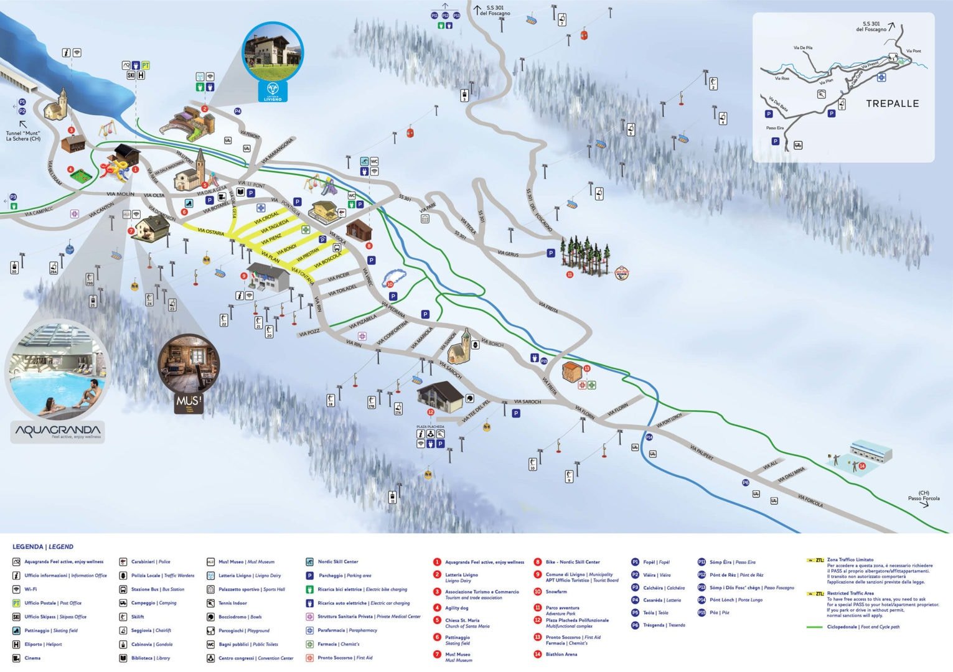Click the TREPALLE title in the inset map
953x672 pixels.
click(892, 104)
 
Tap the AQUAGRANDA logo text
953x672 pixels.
click(57, 430)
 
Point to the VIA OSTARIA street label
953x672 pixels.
click(210, 231)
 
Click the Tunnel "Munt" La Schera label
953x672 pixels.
click(23, 136)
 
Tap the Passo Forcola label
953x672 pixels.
click(923, 496)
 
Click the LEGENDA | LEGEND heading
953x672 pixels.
click(43, 547)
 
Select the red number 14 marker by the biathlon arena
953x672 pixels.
click(862, 465)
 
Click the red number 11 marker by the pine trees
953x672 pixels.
click(570, 274)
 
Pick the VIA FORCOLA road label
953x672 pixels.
click(810, 501)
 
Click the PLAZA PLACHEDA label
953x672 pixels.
click(430, 427)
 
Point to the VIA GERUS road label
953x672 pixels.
click(508, 254)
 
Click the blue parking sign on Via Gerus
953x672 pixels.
click(550, 253)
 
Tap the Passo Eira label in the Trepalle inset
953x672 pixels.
click(775, 128)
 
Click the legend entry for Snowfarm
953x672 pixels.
click(556, 592)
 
